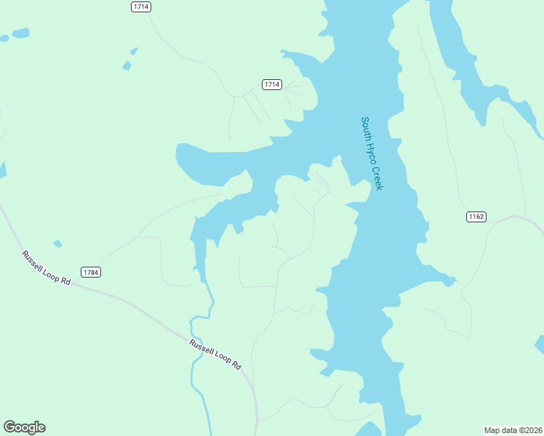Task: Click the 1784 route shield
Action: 90,272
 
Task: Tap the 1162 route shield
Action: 476,217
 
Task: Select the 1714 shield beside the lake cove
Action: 272,84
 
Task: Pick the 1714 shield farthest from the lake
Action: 141,7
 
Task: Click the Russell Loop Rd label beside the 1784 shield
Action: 47,267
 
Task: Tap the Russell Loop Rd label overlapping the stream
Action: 215,355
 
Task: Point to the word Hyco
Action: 372,154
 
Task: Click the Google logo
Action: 24,427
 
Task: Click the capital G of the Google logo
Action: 9,427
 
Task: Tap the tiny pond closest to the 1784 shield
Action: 57,243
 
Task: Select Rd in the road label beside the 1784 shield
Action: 65,280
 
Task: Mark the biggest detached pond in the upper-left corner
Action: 20,33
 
